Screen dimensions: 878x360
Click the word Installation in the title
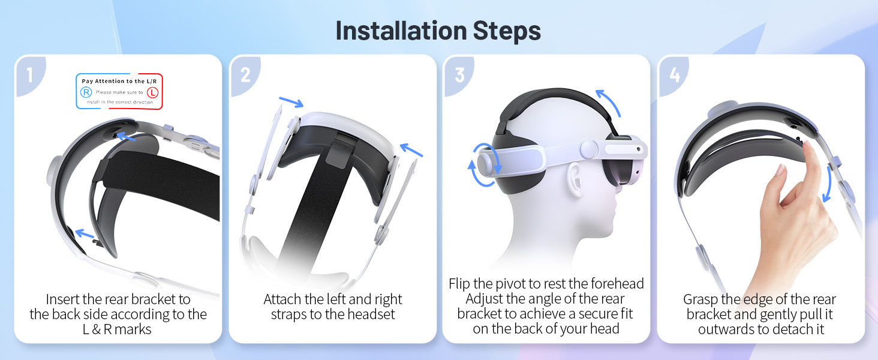[401, 31]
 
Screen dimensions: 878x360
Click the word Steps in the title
[507, 31]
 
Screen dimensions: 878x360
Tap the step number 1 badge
[30, 75]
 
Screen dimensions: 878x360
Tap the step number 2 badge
[245, 75]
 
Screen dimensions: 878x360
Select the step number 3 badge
[459, 75]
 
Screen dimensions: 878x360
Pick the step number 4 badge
[673, 75]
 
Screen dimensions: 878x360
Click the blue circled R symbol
[86, 92]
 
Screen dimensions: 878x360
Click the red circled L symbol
[152, 92]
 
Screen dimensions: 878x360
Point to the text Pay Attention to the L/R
[119, 81]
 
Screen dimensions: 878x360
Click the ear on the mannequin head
[575, 179]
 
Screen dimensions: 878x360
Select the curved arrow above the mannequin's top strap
[609, 102]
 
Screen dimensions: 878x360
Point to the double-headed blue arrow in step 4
[829, 184]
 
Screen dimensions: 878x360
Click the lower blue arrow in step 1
[85, 234]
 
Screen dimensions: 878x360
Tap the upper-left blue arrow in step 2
[291, 102]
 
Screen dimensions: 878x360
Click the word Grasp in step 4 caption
[700, 300]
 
